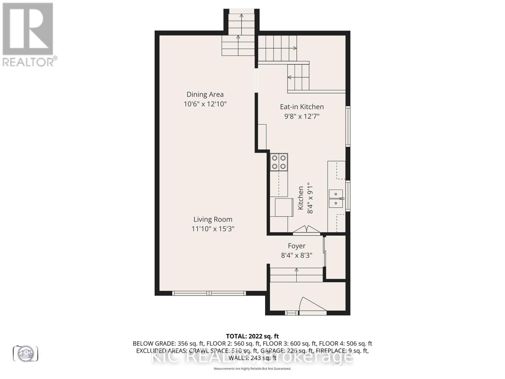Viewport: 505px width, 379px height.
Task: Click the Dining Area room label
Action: click(205, 94)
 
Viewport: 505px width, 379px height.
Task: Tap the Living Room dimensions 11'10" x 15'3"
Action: click(213, 229)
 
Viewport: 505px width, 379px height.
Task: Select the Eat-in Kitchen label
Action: click(302, 107)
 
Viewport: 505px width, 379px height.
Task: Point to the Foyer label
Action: click(296, 246)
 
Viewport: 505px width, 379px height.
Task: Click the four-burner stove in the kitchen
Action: click(279, 162)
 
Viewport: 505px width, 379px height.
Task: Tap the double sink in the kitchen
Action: click(336, 199)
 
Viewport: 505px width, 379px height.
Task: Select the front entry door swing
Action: click(311, 305)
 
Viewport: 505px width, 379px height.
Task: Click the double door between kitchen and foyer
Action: click(306, 230)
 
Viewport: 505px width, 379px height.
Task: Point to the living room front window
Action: click(209, 293)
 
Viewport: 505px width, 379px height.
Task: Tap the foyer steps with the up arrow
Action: click(296, 274)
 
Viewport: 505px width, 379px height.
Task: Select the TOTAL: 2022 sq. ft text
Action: click(252, 336)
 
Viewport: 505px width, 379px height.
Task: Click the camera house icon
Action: click(25, 353)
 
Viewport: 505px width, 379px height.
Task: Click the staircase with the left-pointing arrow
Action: click(298, 77)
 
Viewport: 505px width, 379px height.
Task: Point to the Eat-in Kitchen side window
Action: click(348, 126)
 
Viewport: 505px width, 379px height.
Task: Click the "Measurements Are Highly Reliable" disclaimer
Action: click(252, 369)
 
